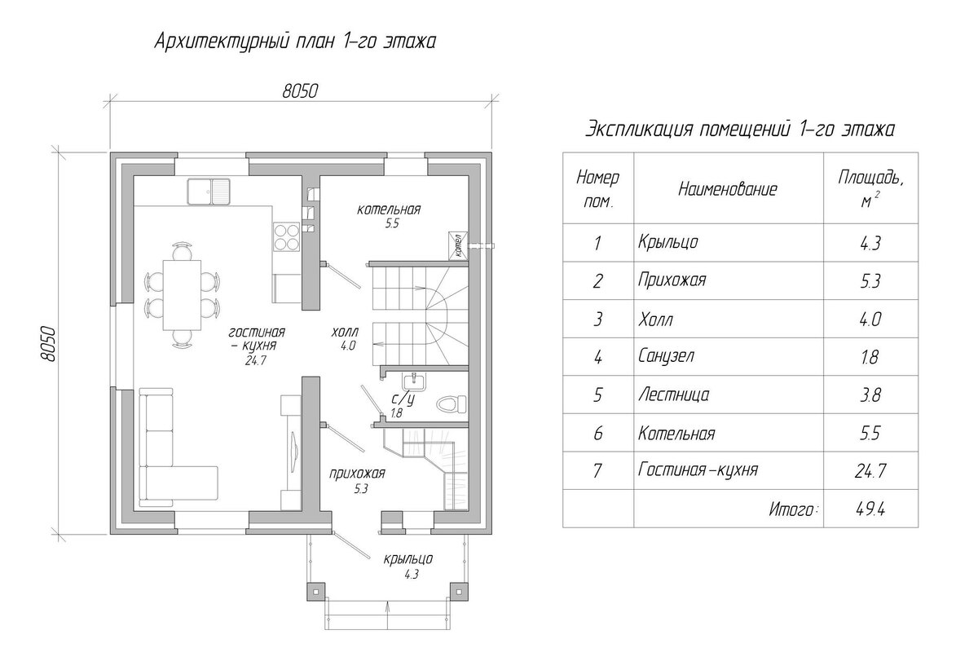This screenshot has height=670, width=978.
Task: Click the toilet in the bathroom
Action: pyautogui.click(x=450, y=402)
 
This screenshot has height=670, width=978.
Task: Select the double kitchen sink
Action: pyautogui.click(x=209, y=192)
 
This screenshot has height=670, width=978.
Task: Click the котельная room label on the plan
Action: pyautogui.click(x=388, y=209)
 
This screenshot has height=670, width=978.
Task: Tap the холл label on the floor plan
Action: pyautogui.click(x=345, y=333)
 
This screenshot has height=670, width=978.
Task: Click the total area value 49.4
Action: pyautogui.click(x=871, y=510)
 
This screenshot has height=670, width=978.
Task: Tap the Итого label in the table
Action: pyautogui.click(x=792, y=510)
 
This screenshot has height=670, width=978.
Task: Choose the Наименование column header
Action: pyautogui.click(x=728, y=189)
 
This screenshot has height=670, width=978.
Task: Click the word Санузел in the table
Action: pyautogui.click(x=667, y=356)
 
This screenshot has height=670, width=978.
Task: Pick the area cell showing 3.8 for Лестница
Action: pyautogui.click(x=871, y=395)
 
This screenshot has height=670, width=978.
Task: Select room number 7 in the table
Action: pyautogui.click(x=597, y=472)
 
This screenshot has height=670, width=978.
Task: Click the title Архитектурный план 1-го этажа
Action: pyautogui.click(x=295, y=42)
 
